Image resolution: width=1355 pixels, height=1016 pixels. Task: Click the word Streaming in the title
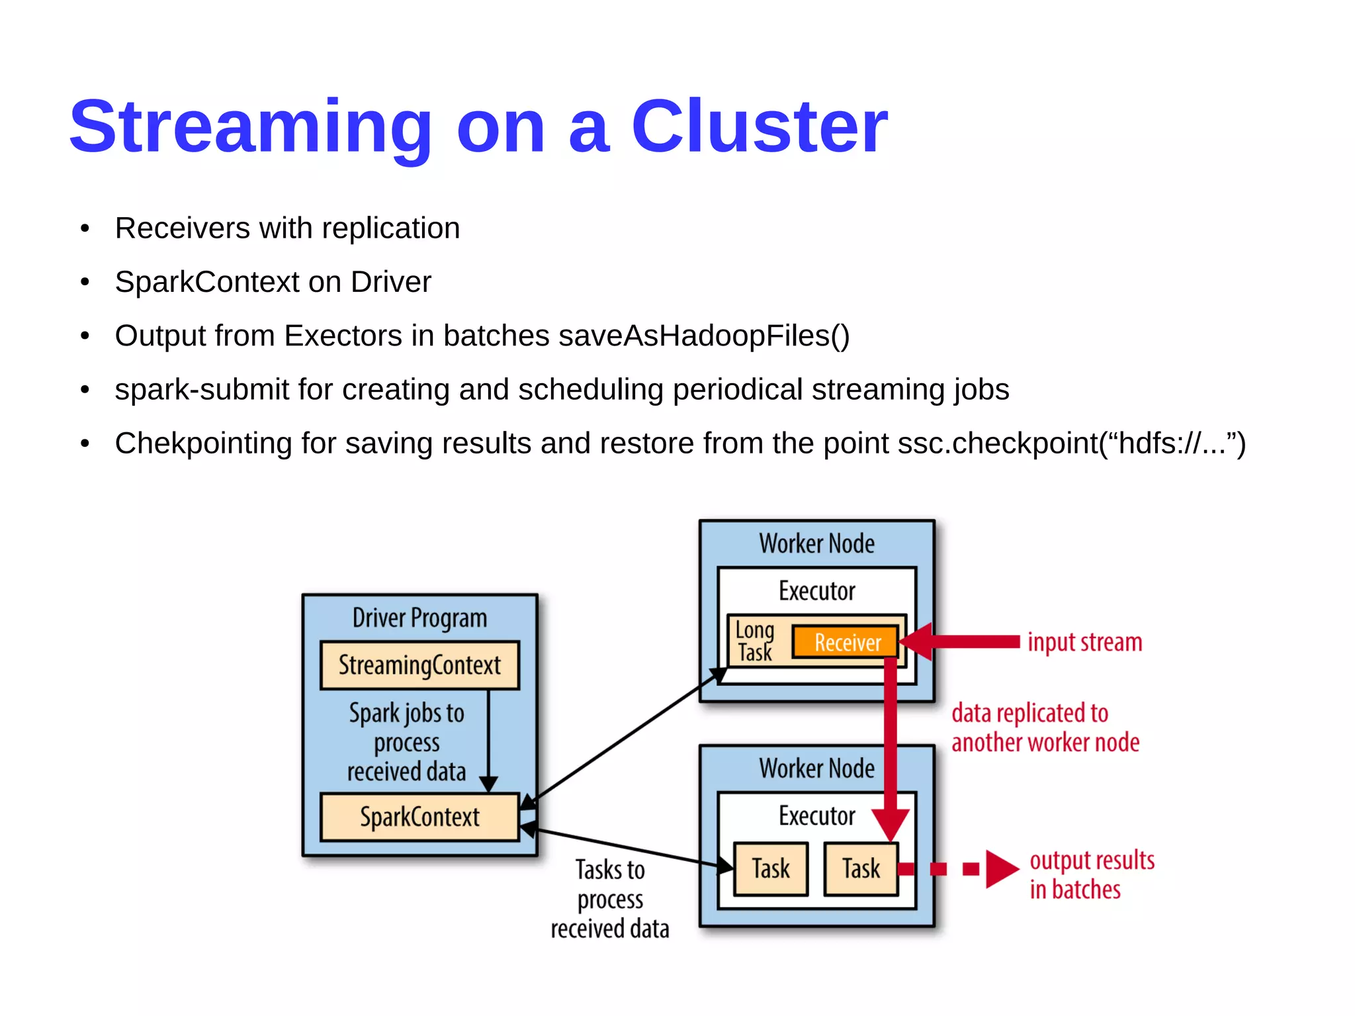coord(250,127)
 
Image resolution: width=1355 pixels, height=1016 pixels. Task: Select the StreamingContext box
coord(419,665)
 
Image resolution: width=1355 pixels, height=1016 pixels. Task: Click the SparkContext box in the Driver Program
coord(419,817)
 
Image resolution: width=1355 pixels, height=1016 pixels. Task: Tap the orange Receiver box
coord(846,642)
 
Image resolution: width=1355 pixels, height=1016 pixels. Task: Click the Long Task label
coord(754,641)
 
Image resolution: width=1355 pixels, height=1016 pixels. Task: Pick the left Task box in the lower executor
coord(771,868)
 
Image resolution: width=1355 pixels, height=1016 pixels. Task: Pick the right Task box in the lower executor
coord(861,868)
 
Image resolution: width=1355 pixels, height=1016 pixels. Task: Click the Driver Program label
coord(419,618)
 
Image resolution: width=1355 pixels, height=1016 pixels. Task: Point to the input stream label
coord(1084,642)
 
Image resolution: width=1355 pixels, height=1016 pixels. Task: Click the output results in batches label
coord(1091,874)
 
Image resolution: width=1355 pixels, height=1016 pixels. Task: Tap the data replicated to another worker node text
coord(1045,727)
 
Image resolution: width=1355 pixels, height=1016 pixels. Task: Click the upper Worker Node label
coord(816,543)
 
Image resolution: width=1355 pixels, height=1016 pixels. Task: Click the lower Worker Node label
coord(816,768)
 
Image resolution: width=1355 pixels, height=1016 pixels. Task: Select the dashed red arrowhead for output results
coord(1001,869)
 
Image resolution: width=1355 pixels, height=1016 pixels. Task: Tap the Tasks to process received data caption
coord(609,899)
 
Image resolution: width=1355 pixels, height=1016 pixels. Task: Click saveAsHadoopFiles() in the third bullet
coord(704,336)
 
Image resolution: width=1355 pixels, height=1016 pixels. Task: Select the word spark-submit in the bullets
coord(202,389)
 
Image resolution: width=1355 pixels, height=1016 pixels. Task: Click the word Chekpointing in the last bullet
coord(203,443)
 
